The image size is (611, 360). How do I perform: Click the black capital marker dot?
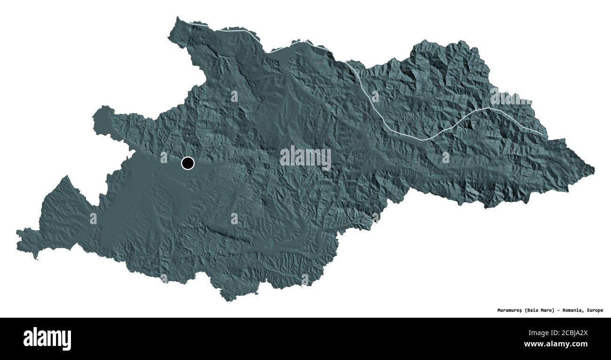188,163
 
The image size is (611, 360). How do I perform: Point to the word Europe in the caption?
595,310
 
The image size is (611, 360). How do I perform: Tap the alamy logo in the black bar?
47,338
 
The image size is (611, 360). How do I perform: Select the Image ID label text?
540,333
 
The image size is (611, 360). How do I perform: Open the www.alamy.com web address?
556,344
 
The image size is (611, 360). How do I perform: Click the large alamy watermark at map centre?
305,157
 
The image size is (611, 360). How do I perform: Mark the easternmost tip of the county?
594,169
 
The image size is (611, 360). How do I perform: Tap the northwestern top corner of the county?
178,18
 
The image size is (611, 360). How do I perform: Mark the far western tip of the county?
17,233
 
